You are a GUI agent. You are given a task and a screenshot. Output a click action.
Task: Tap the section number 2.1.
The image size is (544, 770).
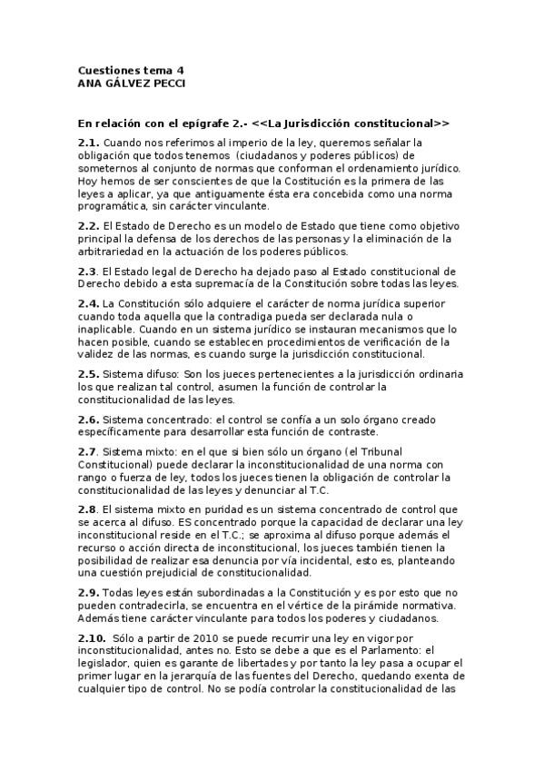pos(88,143)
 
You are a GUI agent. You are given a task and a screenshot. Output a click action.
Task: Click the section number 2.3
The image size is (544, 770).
pos(88,271)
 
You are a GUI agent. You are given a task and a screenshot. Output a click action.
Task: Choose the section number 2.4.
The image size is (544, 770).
pos(88,302)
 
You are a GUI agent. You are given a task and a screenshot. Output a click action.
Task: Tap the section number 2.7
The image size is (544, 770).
pos(88,451)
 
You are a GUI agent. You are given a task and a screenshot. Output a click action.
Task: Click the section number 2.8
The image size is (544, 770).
pos(88,511)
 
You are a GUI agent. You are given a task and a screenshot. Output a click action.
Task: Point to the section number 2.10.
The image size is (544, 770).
pos(91,640)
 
